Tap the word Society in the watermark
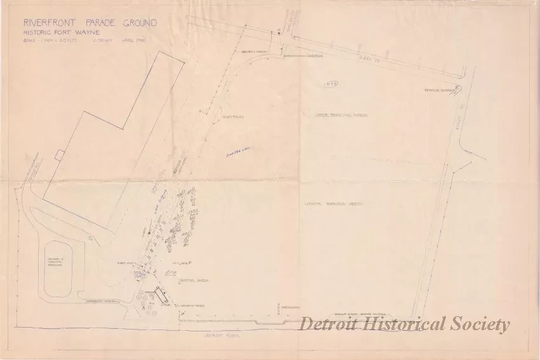point(478,324)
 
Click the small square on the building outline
point(59,154)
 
